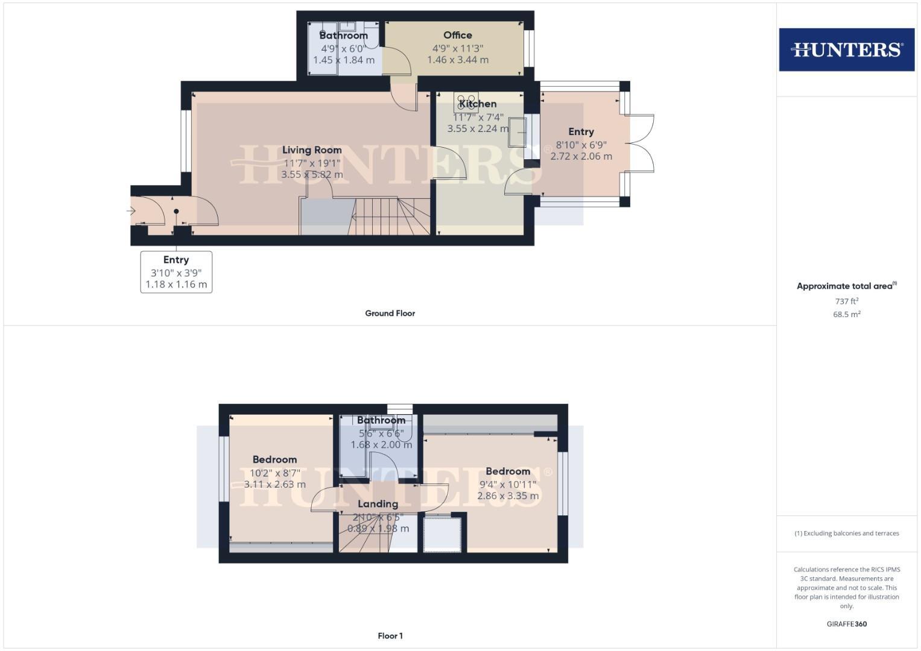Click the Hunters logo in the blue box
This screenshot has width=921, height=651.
coord(846,49)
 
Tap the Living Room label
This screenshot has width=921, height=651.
coord(312,150)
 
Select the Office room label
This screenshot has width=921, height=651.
coord(458,36)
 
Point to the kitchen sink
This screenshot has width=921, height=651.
coord(517,132)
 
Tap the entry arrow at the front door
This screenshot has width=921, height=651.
coord(131,211)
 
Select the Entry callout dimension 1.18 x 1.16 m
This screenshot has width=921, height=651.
coord(176,285)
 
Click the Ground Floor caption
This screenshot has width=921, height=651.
coord(390,313)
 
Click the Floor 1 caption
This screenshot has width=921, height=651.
coord(390,636)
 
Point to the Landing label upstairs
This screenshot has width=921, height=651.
coord(378,504)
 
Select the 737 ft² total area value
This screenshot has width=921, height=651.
coord(846,301)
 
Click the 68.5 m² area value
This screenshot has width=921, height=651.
coord(846,315)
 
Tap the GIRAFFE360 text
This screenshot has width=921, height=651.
coord(846,624)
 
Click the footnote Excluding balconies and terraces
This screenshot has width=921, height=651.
coord(846,533)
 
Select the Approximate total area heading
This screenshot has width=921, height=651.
coord(846,286)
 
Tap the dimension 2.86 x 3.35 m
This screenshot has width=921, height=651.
coord(508,496)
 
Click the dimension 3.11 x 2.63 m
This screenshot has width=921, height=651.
coord(274,485)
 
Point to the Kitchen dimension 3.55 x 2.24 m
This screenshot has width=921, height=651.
coord(478,129)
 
